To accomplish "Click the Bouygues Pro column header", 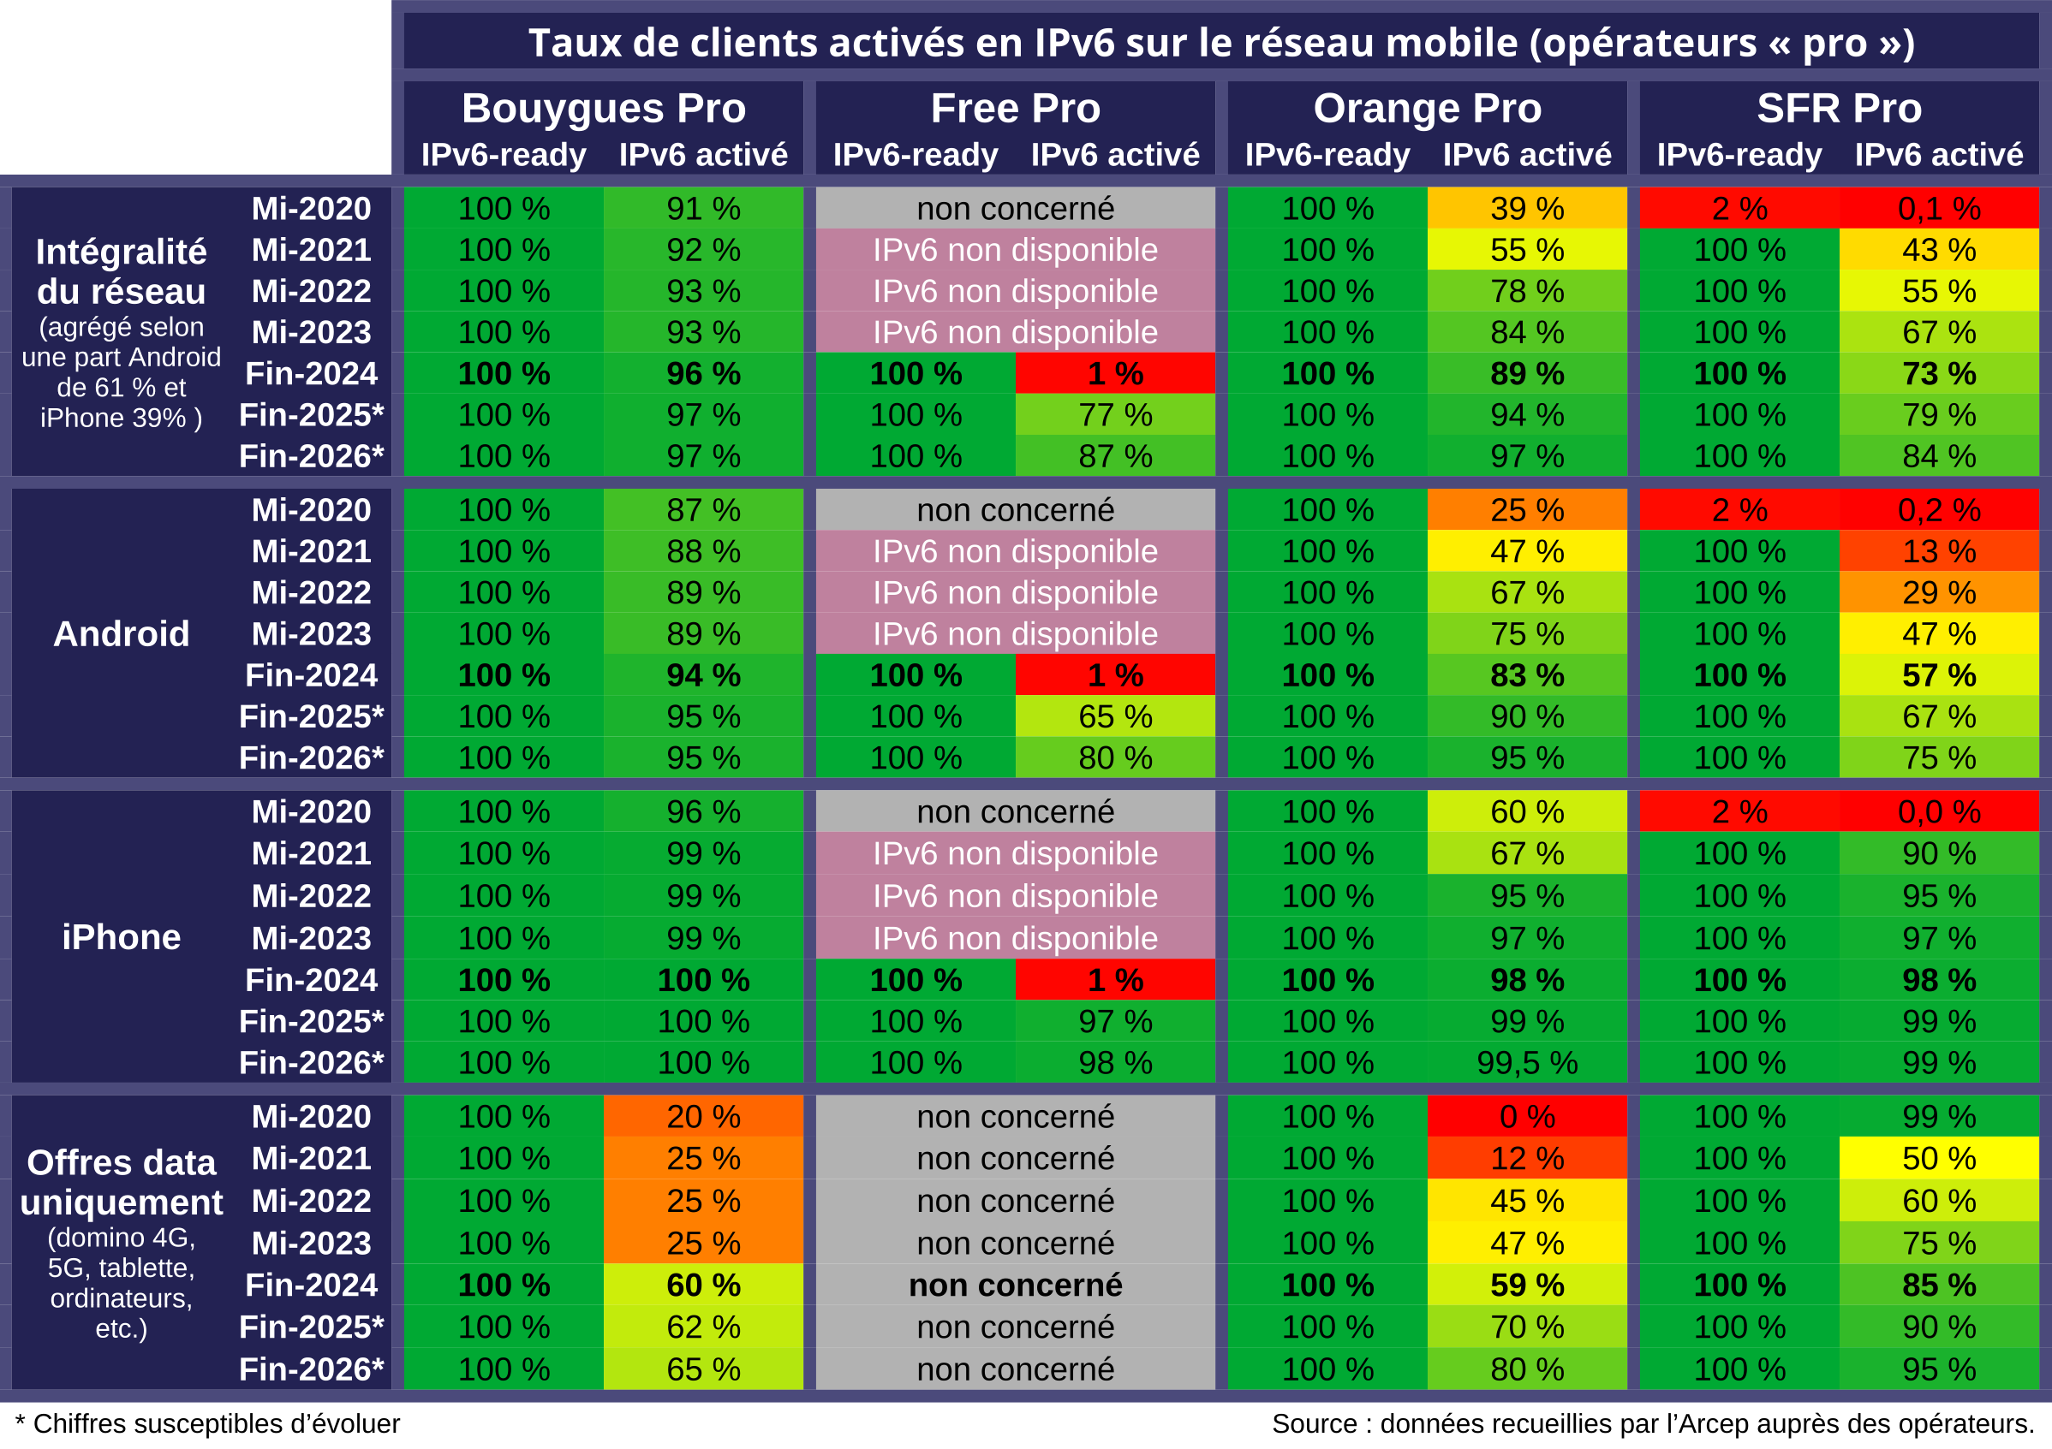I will pyautogui.click(x=603, y=108).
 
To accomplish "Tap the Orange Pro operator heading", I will pyautogui.click(x=1428, y=108).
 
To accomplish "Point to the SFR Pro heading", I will pyautogui.click(x=1840, y=108).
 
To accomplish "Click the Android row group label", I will pyautogui.click(x=122, y=634).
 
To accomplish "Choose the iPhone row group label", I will pyautogui.click(x=122, y=937).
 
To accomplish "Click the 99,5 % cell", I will pyautogui.click(x=1527, y=1063).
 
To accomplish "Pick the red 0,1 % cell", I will pyautogui.click(x=1940, y=208).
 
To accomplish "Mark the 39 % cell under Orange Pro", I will pyautogui.click(x=1527, y=208).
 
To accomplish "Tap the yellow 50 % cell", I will pyautogui.click(x=1940, y=1159).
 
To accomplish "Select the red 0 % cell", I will pyautogui.click(x=1527, y=1117).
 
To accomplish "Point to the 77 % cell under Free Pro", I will pyautogui.click(x=1115, y=415).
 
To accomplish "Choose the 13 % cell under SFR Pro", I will pyautogui.click(x=1940, y=551).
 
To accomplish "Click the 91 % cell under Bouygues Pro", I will pyautogui.click(x=703, y=208).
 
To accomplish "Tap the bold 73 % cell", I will pyautogui.click(x=1940, y=373).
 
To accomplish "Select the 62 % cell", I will pyautogui.click(x=703, y=1327).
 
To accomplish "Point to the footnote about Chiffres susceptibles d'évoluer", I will pyautogui.click(x=207, y=1424).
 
